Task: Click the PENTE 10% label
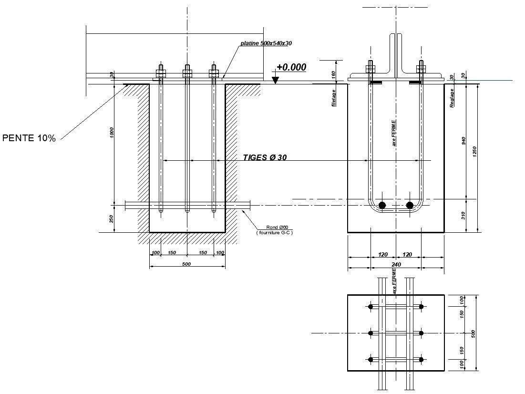point(30,138)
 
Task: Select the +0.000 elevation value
point(291,67)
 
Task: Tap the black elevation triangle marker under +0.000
point(275,81)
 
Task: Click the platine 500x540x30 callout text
point(266,43)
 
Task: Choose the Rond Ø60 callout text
point(277,227)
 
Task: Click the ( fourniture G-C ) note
point(274,232)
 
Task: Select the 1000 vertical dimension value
point(112,133)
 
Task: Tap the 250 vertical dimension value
point(112,219)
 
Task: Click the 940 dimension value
point(464,141)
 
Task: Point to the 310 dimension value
point(464,216)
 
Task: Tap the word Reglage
point(452,98)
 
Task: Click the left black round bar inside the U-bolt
point(382,205)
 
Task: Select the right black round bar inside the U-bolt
point(410,205)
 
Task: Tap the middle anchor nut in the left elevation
point(187,73)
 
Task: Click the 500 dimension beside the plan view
point(474,333)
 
